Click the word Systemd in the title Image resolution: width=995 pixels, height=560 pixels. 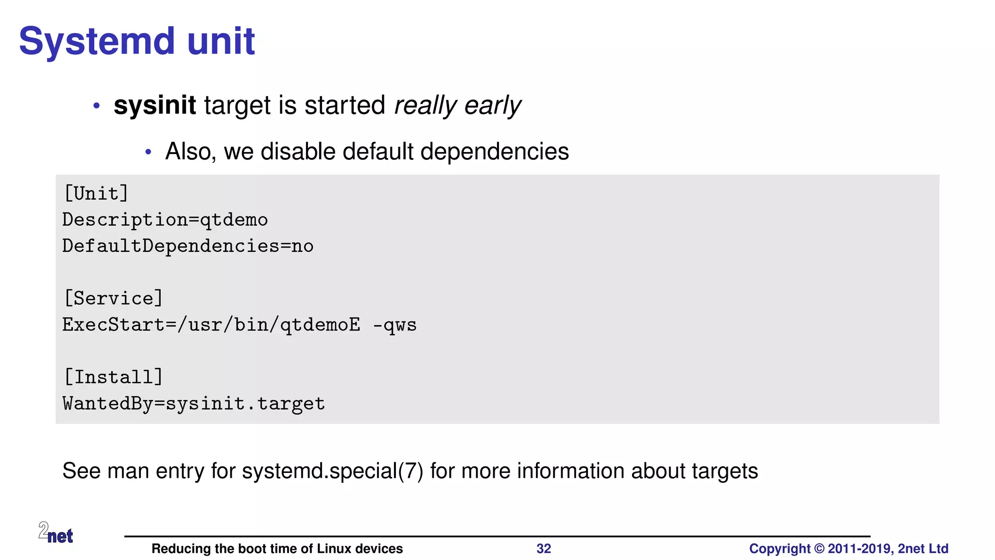click(96, 42)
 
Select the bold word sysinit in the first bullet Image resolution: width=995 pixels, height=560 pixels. click(154, 105)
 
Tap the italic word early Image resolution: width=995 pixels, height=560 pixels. click(492, 105)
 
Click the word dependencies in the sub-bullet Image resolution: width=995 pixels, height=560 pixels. click(494, 151)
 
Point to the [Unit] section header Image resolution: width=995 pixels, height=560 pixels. click(96, 193)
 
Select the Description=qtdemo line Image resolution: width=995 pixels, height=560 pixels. click(165, 220)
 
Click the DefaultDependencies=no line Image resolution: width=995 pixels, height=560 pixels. click(188, 246)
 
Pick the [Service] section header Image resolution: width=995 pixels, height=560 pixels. click(113, 298)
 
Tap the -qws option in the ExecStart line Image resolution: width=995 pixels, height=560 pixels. click(395, 325)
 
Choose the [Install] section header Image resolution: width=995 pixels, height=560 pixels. click(113, 377)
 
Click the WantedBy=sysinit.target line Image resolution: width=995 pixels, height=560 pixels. click(193, 403)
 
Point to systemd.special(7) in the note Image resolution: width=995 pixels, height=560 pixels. click(332, 471)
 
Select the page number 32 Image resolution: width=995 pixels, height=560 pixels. click(543, 549)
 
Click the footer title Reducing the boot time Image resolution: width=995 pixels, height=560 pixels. click(277, 549)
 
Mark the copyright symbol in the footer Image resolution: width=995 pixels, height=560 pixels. click(819, 549)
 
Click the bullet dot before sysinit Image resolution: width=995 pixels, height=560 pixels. click(97, 105)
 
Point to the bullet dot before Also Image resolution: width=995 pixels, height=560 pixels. click(149, 152)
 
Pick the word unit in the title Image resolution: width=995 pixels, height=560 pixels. click(221, 42)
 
